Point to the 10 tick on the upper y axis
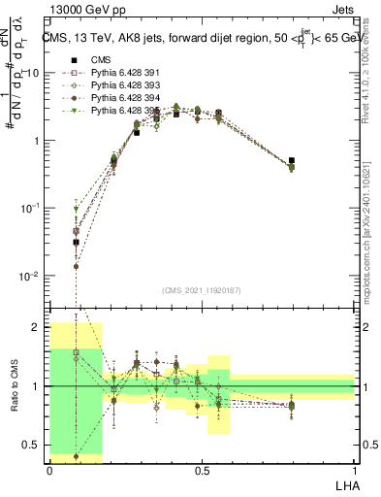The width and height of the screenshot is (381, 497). click(x=33, y=73)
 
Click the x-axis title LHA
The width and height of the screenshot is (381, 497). click(x=344, y=484)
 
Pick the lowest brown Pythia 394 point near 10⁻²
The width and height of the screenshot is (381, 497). click(x=77, y=266)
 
